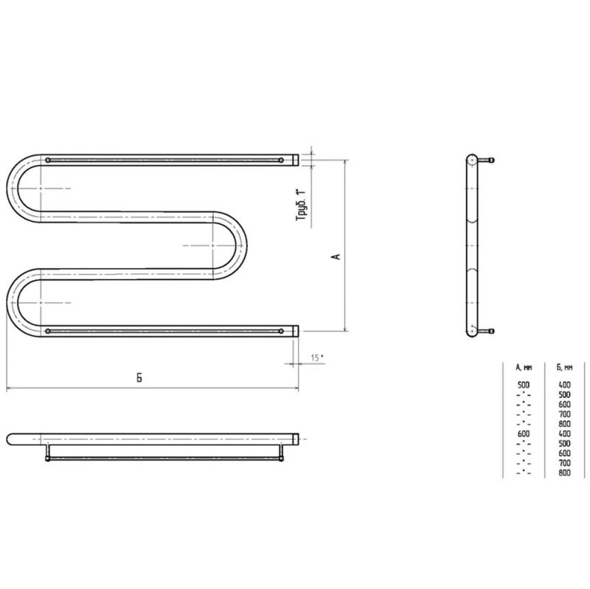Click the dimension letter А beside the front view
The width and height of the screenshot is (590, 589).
[337, 256]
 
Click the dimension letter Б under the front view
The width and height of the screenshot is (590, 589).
[139, 377]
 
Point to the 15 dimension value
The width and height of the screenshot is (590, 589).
[316, 358]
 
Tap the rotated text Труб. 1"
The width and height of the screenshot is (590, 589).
[302, 206]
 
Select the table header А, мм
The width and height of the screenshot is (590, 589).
[524, 367]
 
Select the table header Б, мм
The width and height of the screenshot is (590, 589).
[564, 367]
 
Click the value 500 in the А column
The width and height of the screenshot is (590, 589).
[524, 385]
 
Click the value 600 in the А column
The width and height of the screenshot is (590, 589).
[524, 433]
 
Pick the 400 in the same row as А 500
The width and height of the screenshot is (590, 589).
[564, 385]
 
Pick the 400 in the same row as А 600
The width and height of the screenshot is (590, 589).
[564, 433]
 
